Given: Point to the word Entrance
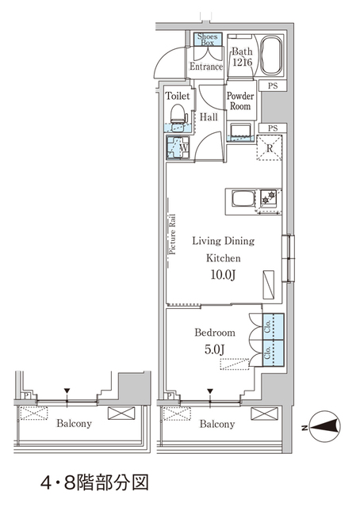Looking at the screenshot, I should click(206, 67).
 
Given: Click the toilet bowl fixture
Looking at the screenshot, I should click(180, 116).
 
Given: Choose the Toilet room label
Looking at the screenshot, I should click(178, 96).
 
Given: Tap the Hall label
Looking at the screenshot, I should click(209, 116).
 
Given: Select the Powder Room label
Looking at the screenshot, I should click(240, 101).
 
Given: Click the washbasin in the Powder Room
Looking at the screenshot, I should click(240, 130).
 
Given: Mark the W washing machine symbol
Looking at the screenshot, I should click(178, 147).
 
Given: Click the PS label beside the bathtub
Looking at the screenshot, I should click(272, 85).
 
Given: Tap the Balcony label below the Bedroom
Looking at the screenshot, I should click(216, 424).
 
